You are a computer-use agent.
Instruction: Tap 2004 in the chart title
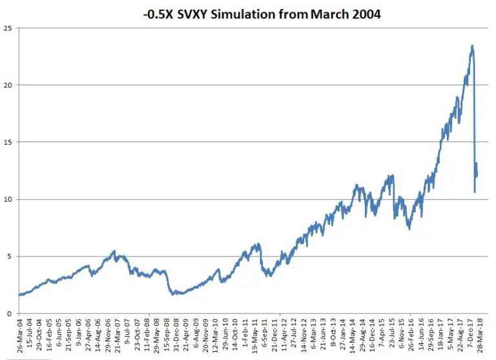click(364, 14)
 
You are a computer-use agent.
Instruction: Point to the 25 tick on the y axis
click(8, 28)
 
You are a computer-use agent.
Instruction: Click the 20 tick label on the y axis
click(8, 85)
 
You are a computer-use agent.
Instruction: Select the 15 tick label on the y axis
click(8, 142)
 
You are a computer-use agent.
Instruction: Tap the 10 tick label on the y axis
click(8, 199)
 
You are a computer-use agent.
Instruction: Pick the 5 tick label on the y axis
click(10, 256)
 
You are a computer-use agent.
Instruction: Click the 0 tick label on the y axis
click(10, 313)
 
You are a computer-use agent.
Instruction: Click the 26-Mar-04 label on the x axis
click(21, 335)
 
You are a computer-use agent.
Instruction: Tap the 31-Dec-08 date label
click(176, 335)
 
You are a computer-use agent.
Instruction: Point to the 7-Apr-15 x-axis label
click(382, 335)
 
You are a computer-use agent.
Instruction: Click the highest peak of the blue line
click(472, 46)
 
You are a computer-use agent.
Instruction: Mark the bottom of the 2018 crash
click(475, 192)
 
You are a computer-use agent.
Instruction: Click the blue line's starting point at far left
click(20, 295)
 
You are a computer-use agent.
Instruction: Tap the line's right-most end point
click(477, 172)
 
